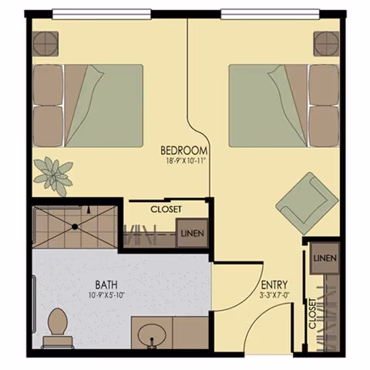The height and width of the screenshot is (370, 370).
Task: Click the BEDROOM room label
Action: coord(183,150)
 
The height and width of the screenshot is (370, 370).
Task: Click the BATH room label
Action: coord(106,284)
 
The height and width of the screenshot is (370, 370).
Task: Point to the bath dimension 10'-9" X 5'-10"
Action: coord(106,295)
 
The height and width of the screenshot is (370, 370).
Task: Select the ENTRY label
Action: coord(274,285)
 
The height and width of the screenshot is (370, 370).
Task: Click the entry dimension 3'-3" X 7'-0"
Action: coord(274,295)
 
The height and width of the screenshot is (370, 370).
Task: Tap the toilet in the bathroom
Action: coord(58,328)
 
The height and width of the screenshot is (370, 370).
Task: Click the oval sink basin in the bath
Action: coord(152,336)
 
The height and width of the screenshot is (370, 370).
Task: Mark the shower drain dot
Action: coord(75,227)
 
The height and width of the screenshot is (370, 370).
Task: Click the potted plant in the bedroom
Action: coord(54,177)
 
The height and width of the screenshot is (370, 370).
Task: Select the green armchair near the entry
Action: coord(307,203)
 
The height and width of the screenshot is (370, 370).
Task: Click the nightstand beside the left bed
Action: coord(45,44)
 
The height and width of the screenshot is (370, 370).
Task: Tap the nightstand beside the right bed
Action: coord(326,44)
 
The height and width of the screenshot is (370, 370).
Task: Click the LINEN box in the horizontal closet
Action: coord(192,234)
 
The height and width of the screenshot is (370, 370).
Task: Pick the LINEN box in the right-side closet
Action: coord(325,258)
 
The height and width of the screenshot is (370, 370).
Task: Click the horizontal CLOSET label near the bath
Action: coord(166,209)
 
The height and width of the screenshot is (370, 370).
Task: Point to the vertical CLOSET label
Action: coord(312,314)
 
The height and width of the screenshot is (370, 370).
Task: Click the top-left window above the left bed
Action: coord(102,14)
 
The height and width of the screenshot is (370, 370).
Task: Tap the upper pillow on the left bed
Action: coord(48,85)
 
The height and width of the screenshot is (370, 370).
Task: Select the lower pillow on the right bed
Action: coord(325,126)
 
